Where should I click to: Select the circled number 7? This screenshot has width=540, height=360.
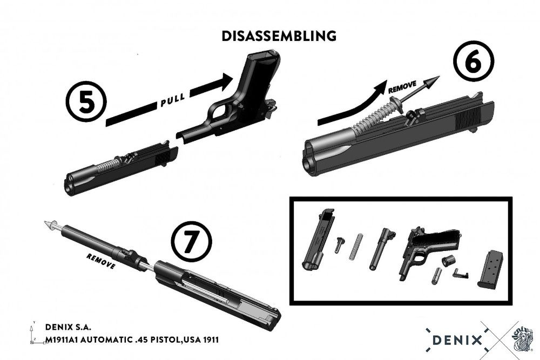[191, 241]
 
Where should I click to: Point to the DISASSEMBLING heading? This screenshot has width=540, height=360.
[279, 36]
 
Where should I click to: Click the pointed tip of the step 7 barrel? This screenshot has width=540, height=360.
[46, 223]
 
